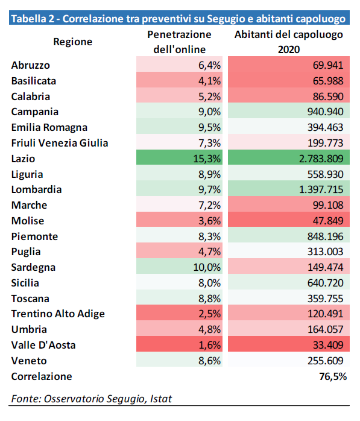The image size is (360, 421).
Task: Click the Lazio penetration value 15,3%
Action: click(x=207, y=159)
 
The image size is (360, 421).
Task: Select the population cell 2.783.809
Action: click(x=321, y=159)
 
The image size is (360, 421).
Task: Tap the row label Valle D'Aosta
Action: click(x=43, y=345)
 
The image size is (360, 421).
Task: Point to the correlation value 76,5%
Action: click(x=333, y=376)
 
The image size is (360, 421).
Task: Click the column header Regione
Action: click(x=73, y=42)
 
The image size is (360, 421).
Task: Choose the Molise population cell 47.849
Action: click(x=328, y=221)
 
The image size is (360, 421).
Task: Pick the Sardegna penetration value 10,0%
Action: click(x=207, y=267)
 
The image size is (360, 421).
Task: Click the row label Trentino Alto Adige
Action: click(x=58, y=314)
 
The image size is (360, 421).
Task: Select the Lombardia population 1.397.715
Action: click(x=321, y=189)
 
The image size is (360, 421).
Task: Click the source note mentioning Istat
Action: click(x=91, y=399)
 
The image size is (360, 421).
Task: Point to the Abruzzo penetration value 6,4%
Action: click(x=209, y=65)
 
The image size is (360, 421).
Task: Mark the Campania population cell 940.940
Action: click(x=325, y=112)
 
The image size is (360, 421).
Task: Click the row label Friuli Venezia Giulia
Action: click(x=60, y=143)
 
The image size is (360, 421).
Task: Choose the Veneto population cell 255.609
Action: click(x=325, y=361)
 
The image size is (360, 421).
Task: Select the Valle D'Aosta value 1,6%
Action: click(x=209, y=345)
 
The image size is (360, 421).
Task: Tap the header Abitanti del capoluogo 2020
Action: click(x=289, y=42)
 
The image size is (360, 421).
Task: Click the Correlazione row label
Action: click(x=42, y=376)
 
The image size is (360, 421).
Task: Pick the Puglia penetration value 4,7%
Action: click(x=209, y=252)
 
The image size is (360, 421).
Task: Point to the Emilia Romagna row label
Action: click(x=49, y=127)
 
